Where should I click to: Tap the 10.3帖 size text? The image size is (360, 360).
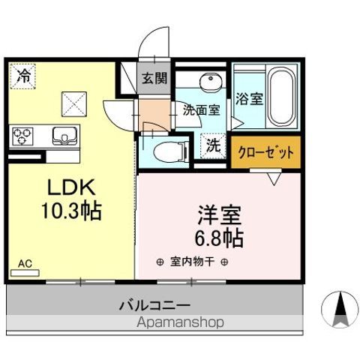71,209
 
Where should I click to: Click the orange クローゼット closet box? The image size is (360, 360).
265,151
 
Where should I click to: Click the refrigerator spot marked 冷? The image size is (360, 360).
24,75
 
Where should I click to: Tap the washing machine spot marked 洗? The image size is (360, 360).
214,145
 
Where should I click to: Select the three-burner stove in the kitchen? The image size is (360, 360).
22,136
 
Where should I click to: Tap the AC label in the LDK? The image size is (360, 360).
25,263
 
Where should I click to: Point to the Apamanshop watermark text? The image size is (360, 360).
181,322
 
